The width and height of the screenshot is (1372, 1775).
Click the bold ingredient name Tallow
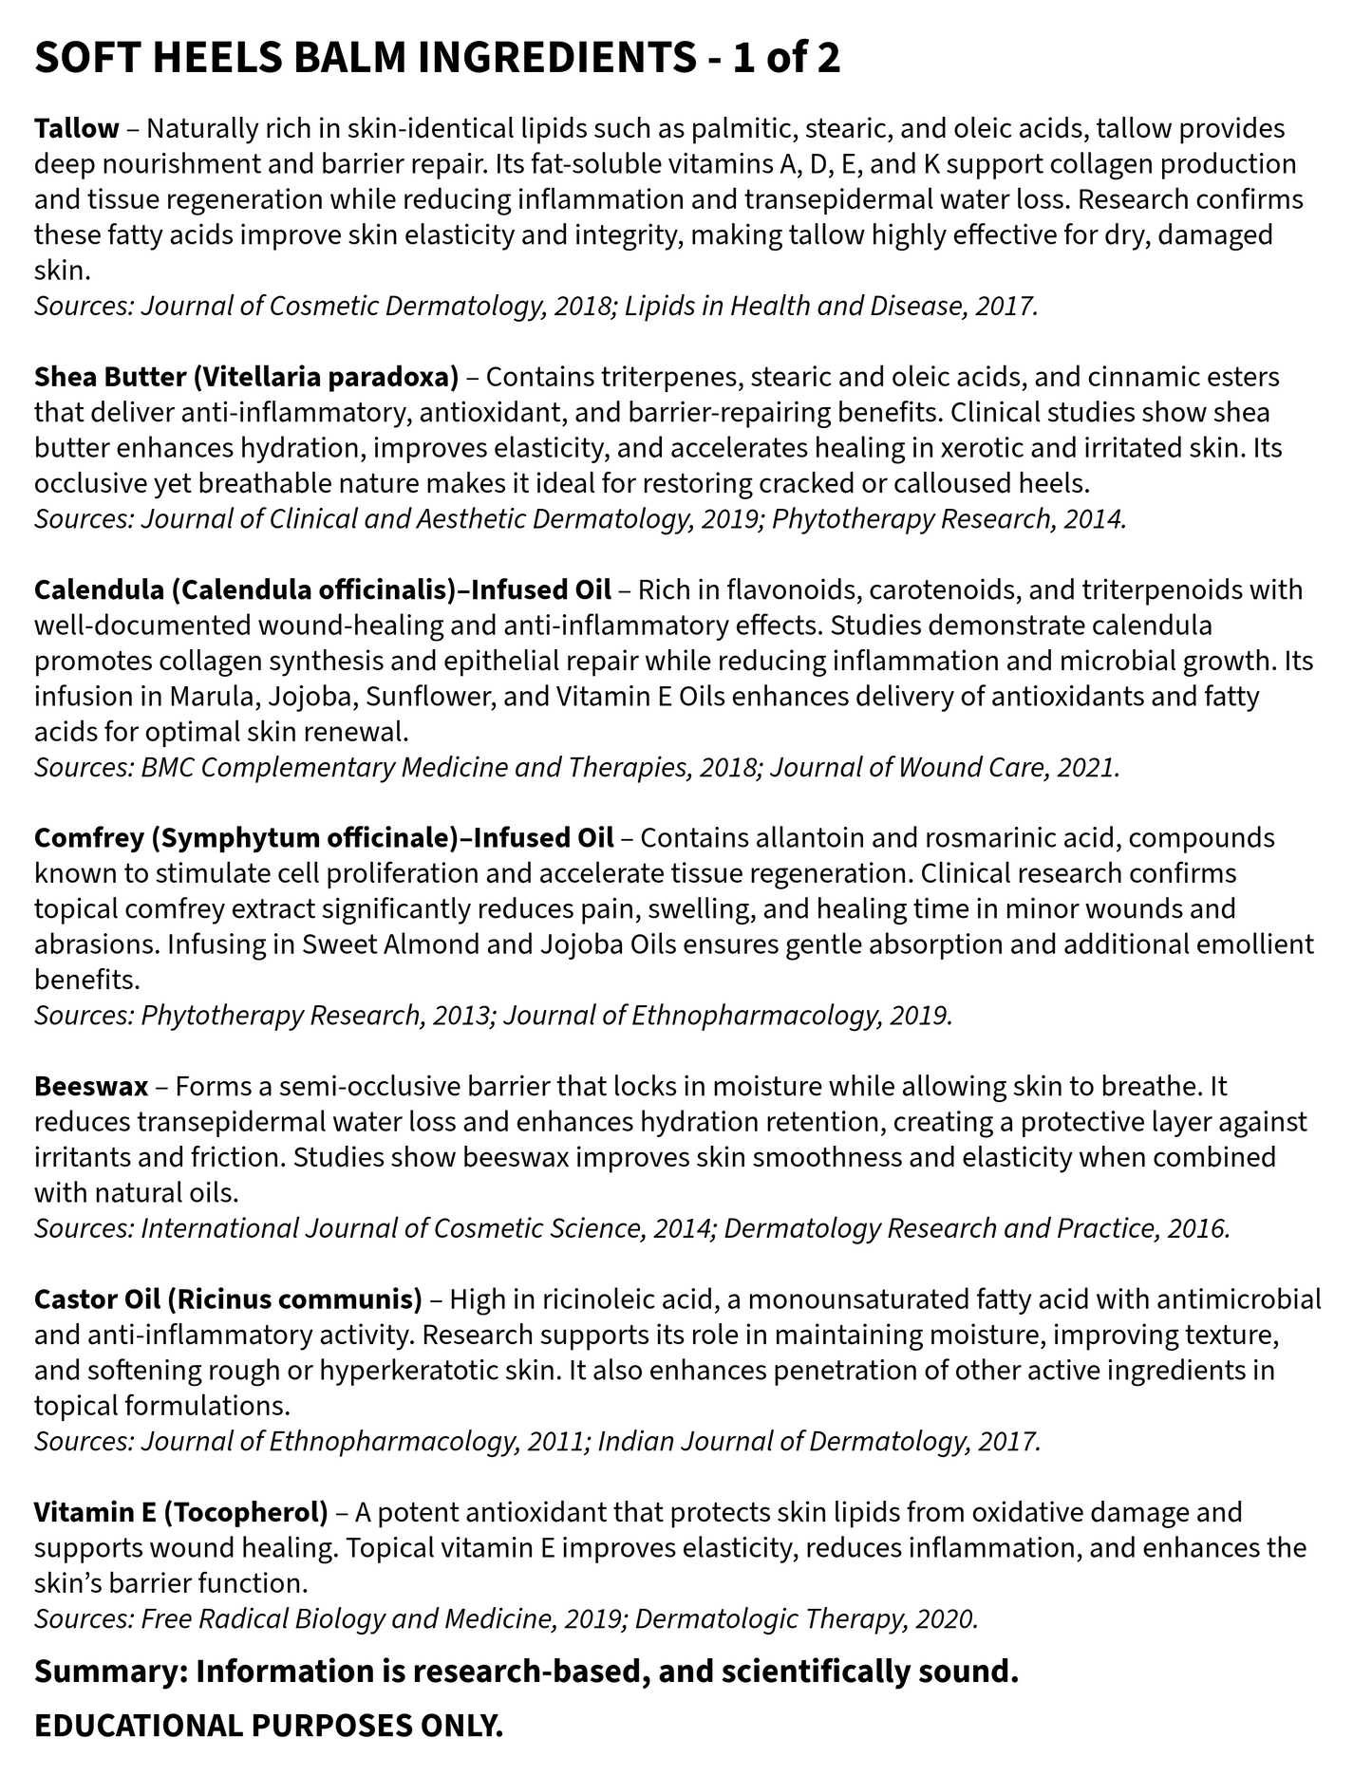77,128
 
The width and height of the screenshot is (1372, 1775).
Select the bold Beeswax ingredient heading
91,1086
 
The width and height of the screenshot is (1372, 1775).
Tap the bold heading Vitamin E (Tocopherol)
180,1512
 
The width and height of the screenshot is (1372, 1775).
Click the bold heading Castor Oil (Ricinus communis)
228,1299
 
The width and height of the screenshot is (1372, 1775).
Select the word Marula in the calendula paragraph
213,696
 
